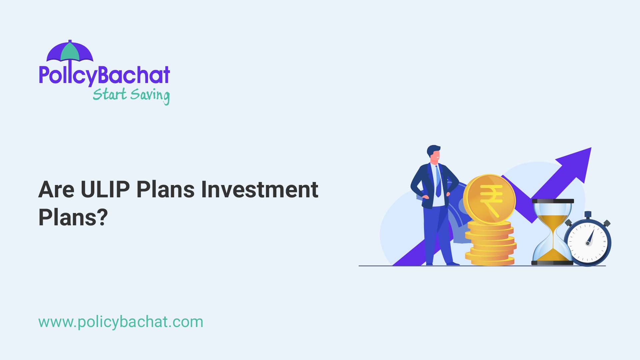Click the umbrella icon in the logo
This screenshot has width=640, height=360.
click(70, 52)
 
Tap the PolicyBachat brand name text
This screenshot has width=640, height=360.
click(104, 75)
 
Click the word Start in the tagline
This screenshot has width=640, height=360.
click(109, 94)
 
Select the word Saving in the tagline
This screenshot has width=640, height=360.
click(150, 95)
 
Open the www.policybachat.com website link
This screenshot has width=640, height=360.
click(121, 322)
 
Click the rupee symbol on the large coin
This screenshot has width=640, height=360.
click(491, 199)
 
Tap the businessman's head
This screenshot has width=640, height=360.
click(434, 154)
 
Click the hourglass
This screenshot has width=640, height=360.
click(552, 232)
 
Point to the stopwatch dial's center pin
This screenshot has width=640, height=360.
click(588, 243)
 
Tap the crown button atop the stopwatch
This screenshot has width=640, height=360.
click(588, 215)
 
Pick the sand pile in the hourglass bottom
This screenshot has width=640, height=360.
click(552, 255)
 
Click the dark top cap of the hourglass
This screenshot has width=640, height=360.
click(553, 201)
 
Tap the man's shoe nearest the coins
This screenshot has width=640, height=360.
click(453, 264)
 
